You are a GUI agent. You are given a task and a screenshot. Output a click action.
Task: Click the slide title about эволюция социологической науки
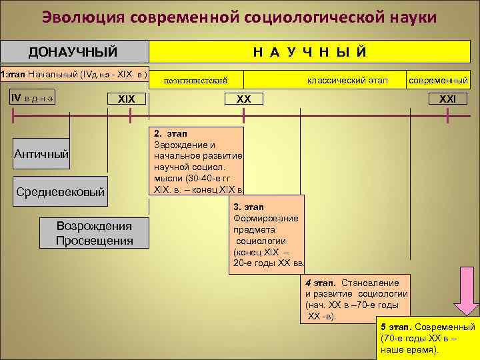239,17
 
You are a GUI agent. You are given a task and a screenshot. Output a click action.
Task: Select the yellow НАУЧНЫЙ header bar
309,52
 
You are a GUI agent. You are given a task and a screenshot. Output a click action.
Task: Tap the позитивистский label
195,80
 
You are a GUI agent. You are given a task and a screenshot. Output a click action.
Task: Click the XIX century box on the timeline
127,99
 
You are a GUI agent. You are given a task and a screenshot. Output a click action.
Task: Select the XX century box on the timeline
243,99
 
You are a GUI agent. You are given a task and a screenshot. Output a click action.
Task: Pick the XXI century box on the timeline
447,99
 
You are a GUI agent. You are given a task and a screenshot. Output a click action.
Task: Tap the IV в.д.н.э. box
34,97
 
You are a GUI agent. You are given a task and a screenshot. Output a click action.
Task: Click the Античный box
42,154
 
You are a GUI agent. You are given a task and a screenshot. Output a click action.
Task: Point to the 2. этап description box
197,160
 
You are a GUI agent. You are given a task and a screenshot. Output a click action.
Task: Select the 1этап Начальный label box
74,73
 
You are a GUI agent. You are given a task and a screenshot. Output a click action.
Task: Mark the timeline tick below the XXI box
448,115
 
